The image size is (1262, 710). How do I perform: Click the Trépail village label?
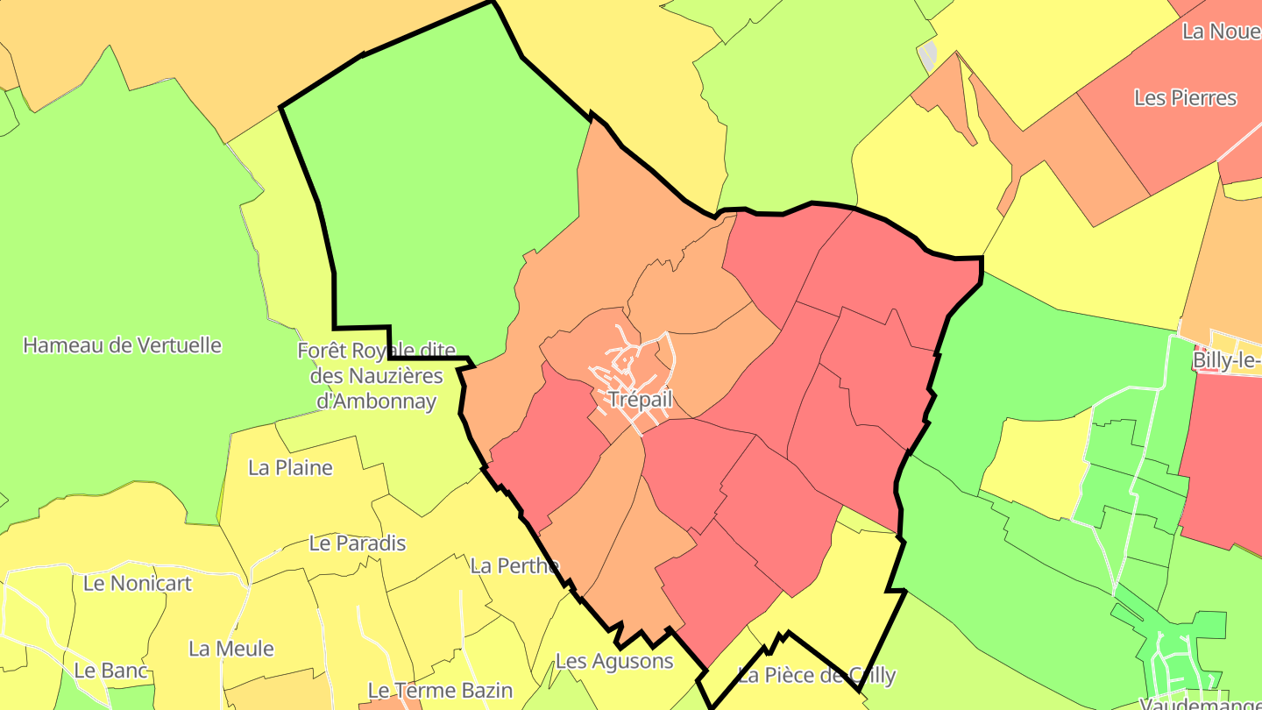click(640, 400)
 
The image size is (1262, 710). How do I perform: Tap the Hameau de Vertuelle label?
click(122, 345)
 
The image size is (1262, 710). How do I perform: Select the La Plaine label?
click(290, 467)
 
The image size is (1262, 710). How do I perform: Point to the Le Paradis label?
click(358, 543)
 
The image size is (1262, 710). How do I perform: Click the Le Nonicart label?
click(137, 583)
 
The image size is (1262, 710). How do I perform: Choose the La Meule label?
click(231, 650)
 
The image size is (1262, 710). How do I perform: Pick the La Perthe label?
click(514, 566)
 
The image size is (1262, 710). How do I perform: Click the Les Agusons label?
click(614, 661)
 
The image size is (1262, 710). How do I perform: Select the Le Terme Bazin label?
click(440, 691)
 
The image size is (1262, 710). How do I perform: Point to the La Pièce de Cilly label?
click(816, 675)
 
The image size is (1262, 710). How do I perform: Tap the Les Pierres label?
click(1185, 98)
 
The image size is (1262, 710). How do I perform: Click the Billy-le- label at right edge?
click(1226, 361)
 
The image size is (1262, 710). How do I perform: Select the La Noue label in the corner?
click(1221, 32)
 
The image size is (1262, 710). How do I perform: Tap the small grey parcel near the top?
click(928, 58)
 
